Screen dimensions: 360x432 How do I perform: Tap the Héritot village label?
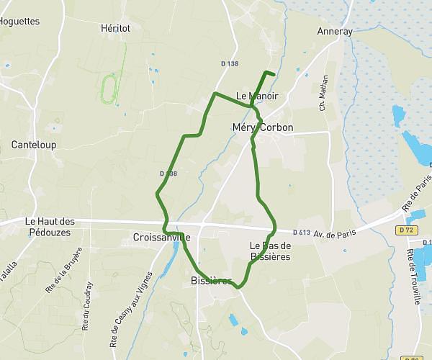click(x=115, y=27)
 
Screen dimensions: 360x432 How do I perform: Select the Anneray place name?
click(x=335, y=31)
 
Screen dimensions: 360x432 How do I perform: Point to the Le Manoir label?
click(x=257, y=95)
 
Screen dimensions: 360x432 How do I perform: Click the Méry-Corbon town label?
click(x=263, y=127)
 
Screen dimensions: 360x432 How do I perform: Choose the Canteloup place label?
click(x=34, y=145)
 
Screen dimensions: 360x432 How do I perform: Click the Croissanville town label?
click(x=161, y=237)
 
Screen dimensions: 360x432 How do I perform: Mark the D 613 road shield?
click(x=302, y=232)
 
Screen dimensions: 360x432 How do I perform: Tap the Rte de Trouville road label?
click(x=414, y=276)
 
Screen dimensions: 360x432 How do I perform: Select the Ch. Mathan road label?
click(x=324, y=92)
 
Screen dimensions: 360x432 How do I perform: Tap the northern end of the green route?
click(x=275, y=73)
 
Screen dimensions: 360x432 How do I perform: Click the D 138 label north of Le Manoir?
click(x=229, y=63)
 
